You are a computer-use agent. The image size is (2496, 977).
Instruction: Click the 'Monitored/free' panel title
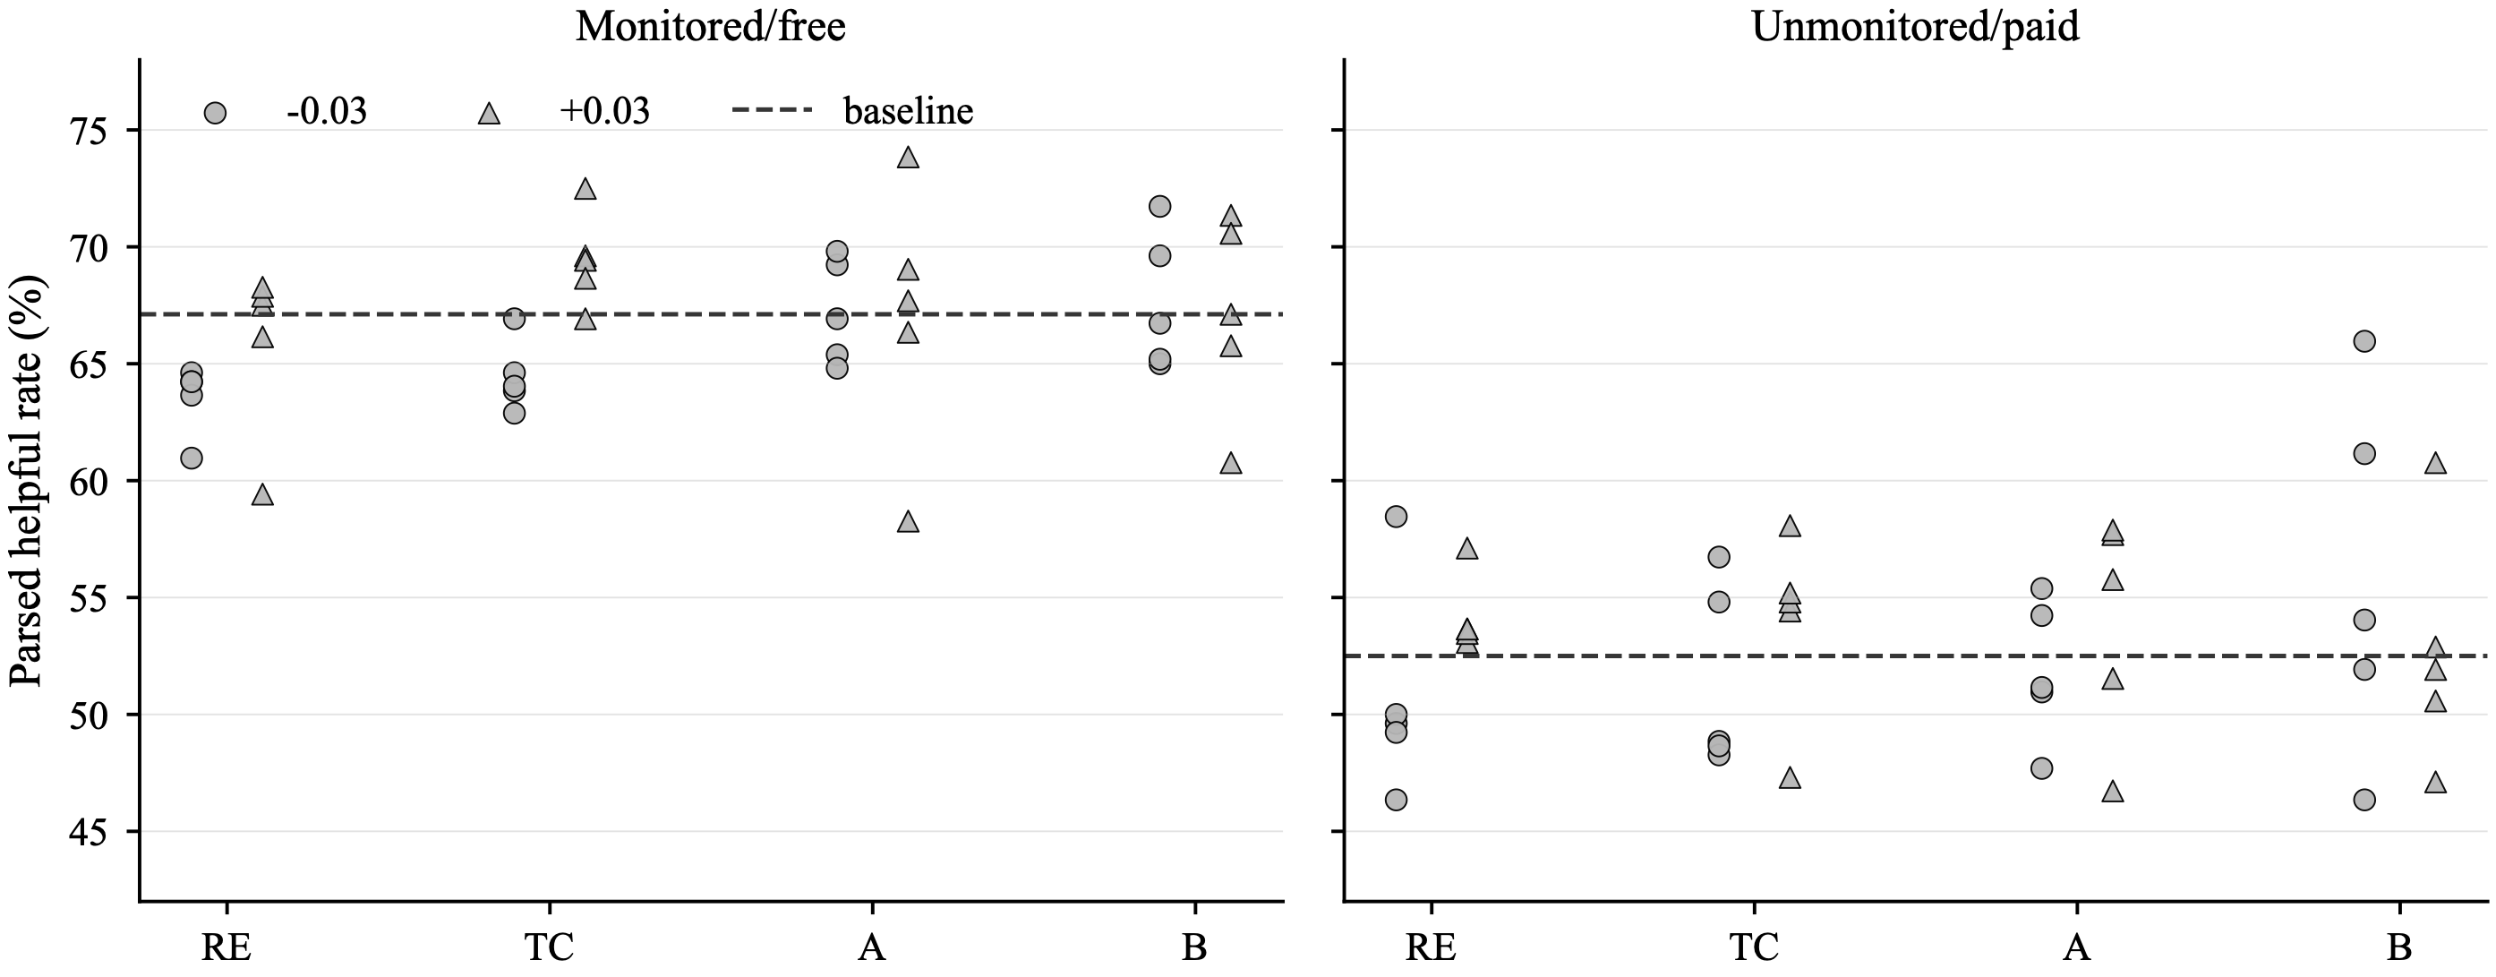click(710, 26)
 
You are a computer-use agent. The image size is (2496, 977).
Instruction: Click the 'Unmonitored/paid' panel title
click(1916, 26)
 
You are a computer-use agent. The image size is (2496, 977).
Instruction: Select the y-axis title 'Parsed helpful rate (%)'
click(26, 481)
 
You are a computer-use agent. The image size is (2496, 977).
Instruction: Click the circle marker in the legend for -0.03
click(215, 114)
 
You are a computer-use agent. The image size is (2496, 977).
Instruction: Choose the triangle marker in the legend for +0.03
click(490, 114)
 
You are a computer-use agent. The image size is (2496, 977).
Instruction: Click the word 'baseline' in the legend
click(908, 111)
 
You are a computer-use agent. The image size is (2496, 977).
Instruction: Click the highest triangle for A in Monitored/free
click(908, 158)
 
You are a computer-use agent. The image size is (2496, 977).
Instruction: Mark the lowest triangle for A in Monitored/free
click(908, 522)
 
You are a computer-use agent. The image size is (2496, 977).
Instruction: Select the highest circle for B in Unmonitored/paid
click(2364, 341)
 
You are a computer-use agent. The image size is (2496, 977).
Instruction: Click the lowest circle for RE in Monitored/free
click(192, 458)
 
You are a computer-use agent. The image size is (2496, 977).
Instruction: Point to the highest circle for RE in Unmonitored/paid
click(1397, 517)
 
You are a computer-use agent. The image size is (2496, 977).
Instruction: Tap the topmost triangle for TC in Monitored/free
click(586, 189)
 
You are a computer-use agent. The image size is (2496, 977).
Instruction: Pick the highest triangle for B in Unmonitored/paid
click(2435, 464)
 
